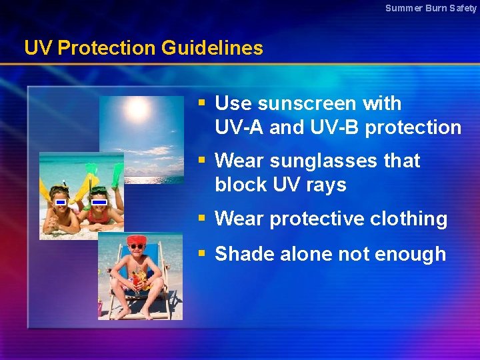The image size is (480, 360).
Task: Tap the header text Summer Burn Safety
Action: pyautogui.click(x=431, y=8)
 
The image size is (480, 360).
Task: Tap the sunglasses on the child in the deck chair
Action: pyautogui.click(x=136, y=247)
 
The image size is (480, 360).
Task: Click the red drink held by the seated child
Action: pyautogui.click(x=137, y=283)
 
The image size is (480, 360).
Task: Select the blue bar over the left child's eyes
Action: pyautogui.click(x=60, y=201)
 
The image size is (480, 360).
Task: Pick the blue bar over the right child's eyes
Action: pyautogui.click(x=99, y=200)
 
